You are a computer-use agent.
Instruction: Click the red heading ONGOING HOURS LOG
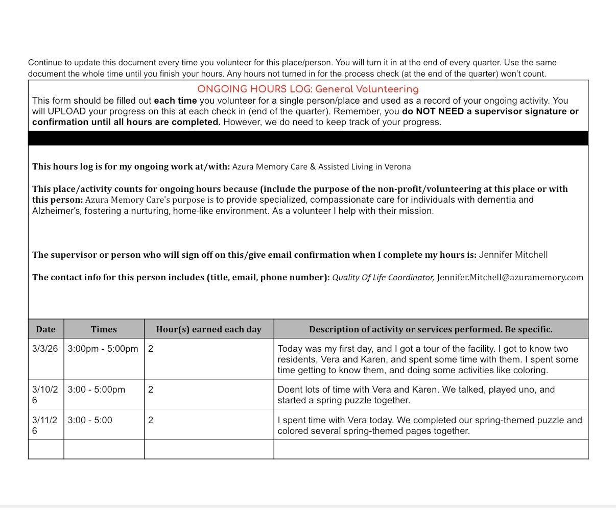pyautogui.click(x=307, y=89)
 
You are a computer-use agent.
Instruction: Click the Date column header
pyautogui.click(x=46, y=329)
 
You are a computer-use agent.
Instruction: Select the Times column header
pyautogui.click(x=104, y=329)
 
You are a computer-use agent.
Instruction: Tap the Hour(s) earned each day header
pyautogui.click(x=208, y=329)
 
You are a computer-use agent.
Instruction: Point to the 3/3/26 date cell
pyautogui.click(x=45, y=349)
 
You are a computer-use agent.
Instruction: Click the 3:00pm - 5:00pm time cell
pyautogui.click(x=103, y=349)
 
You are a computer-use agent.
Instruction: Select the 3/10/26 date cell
pyautogui.click(x=45, y=395)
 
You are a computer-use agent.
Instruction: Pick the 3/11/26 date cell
pyautogui.click(x=45, y=425)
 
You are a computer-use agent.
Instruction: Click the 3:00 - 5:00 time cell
pyautogui.click(x=90, y=420)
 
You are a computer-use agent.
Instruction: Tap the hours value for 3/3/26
pyautogui.click(x=151, y=349)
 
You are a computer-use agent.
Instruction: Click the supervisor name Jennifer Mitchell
pyautogui.click(x=513, y=255)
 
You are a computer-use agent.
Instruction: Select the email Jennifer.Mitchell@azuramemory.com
pyautogui.click(x=510, y=277)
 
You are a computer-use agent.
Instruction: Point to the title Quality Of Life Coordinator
pyautogui.click(x=383, y=277)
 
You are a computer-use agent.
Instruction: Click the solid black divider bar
pyautogui.click(x=308, y=138)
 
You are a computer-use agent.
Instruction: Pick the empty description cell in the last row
pyautogui.click(x=431, y=449)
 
